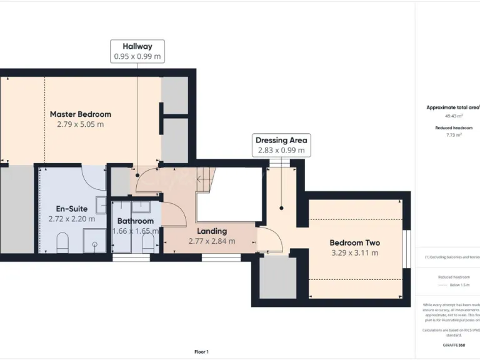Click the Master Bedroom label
pyautogui.click(x=80, y=114)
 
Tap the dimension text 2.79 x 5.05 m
pyautogui.click(x=80, y=124)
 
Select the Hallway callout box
pyautogui.click(x=137, y=51)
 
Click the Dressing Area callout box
pyautogui.click(x=281, y=145)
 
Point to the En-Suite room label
pyautogui.click(x=71, y=208)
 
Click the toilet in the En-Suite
pyautogui.click(x=62, y=242)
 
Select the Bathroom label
pyautogui.click(x=135, y=221)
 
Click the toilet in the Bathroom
pyautogui.click(x=148, y=244)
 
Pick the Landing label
pyautogui.click(x=212, y=231)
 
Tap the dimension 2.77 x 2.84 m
pyautogui.click(x=212, y=241)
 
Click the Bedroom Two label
pyautogui.click(x=354, y=242)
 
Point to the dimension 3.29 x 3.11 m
pyautogui.click(x=354, y=253)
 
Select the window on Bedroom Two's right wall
pyautogui.click(x=407, y=249)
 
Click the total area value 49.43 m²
pyautogui.click(x=453, y=116)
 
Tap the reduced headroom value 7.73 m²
pyautogui.click(x=453, y=135)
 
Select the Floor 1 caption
pyautogui.click(x=201, y=352)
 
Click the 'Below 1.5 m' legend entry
pyautogui.click(x=460, y=285)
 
